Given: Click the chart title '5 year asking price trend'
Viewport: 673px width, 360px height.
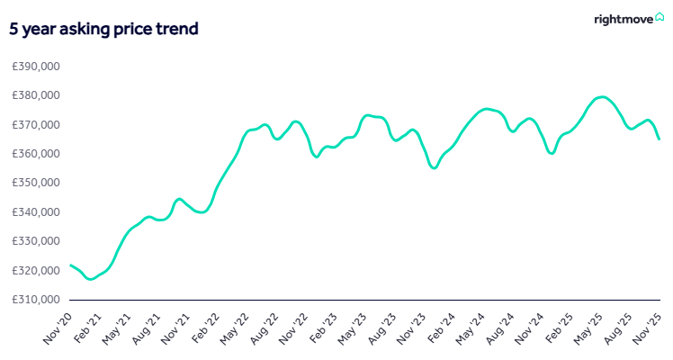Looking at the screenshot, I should coord(103,29).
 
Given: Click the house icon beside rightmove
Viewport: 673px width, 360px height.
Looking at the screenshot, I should coord(659,17).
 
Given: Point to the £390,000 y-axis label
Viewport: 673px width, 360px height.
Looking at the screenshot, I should coord(36,67).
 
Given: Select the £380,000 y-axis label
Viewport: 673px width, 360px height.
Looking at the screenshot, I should coord(36,95).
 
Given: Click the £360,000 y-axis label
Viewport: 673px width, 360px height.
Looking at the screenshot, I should coord(36,154).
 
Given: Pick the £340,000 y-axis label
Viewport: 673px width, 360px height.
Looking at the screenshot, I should coord(36,212).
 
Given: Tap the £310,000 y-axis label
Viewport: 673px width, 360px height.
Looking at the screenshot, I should coord(36,300).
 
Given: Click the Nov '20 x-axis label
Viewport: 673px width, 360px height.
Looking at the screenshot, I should coord(58,328).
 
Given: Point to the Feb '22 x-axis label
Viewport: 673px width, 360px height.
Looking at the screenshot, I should coord(204,328).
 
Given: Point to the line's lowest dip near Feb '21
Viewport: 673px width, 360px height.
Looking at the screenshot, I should coord(90,279).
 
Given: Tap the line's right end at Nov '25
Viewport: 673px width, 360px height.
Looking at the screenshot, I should coord(659,139).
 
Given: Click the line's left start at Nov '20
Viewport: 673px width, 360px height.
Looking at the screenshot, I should coord(70,265).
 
